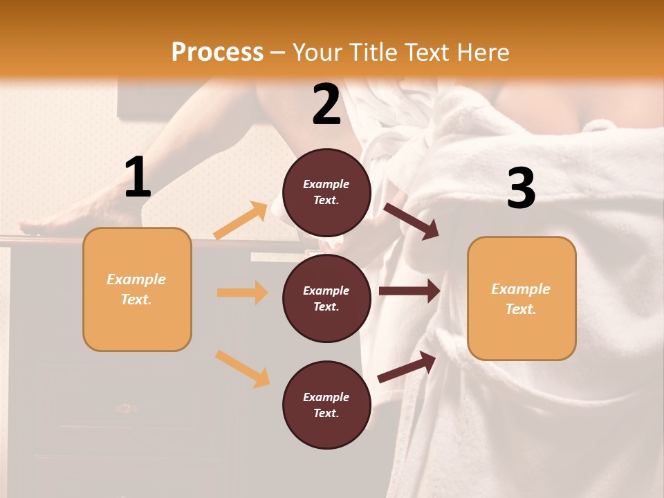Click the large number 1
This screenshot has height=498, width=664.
[138, 178]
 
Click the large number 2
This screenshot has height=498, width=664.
[326, 104]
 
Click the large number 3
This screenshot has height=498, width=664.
[521, 189]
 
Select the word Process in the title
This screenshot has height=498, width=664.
[217, 53]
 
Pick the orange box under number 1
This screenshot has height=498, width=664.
[137, 289]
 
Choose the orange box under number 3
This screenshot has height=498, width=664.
[522, 298]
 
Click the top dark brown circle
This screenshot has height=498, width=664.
[326, 192]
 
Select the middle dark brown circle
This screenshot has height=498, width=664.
[326, 298]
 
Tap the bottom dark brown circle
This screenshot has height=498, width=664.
[326, 405]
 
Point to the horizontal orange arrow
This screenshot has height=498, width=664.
[242, 293]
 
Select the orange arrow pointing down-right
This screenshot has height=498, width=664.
[242, 369]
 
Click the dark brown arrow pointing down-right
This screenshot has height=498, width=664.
[411, 221]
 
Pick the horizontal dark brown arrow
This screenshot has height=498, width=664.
[409, 291]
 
